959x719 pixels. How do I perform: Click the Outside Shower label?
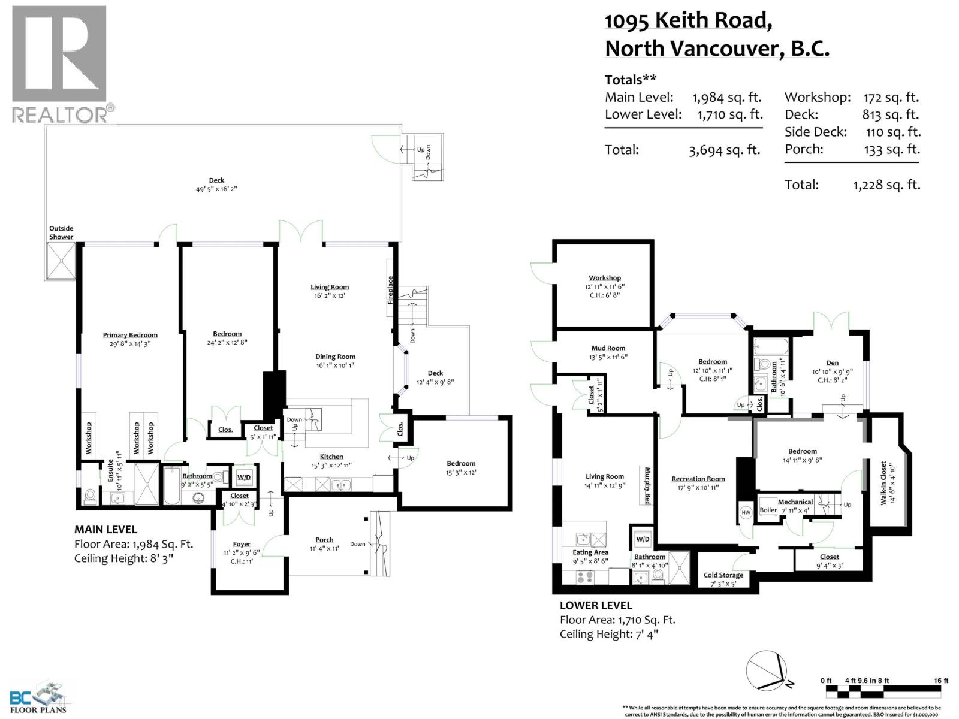point(61,232)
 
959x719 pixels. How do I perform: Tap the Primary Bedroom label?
point(130,335)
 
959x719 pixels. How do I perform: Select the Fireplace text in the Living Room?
point(390,289)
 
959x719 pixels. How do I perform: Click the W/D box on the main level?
point(244,477)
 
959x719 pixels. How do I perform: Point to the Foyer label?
point(242,545)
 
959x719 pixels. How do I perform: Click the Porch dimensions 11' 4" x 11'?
point(324,548)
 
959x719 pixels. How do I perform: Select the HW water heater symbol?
point(746,512)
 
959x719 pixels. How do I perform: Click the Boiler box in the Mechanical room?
point(768,510)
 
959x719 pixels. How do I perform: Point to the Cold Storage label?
point(723,575)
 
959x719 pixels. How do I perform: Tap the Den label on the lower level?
point(833,362)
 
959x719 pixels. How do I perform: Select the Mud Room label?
point(608,348)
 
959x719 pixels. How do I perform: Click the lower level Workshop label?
point(605,278)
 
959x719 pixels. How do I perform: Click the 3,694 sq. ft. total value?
point(725,150)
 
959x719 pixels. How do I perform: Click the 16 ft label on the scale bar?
point(941,681)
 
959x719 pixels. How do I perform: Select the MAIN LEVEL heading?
point(105,530)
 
